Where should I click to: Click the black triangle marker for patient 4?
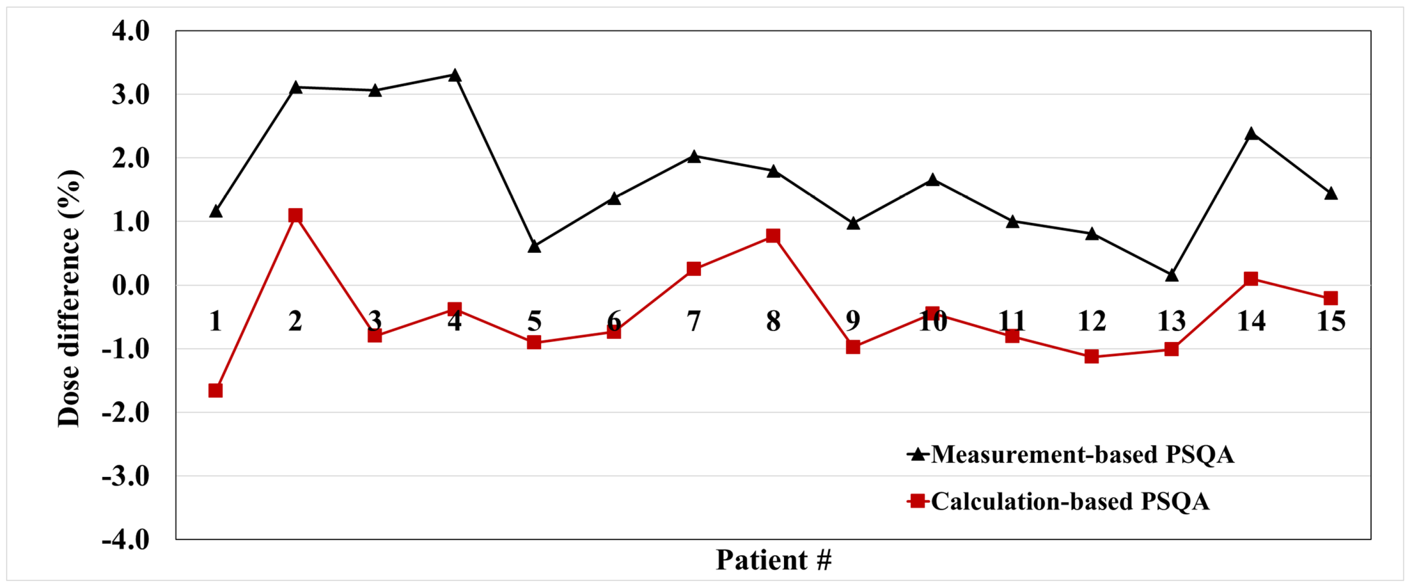(454, 75)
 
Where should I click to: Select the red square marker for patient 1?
(216, 391)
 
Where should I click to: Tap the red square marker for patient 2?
(295, 215)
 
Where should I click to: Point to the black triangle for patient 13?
(1171, 275)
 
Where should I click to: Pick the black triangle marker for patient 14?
(1251, 134)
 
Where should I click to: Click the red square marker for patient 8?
(773, 236)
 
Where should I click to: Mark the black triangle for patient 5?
(534, 247)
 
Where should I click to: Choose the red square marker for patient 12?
(1091, 357)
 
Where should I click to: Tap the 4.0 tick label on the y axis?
(131, 31)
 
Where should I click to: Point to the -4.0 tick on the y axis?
(126, 540)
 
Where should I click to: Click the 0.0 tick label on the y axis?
(131, 285)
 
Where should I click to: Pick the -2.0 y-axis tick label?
(126, 412)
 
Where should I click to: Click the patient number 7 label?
(694, 322)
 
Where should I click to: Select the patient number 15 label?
(1331, 322)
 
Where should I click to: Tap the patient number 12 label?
(1091, 322)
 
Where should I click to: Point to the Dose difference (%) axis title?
(70, 299)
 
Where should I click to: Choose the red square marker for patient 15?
(1331, 298)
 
